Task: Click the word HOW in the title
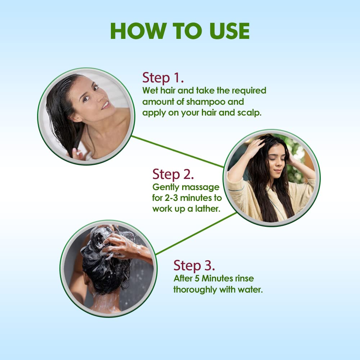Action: pos(139,31)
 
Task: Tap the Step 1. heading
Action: pos(163,78)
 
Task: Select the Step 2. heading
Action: pos(173,175)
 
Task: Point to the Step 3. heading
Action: pos(194,266)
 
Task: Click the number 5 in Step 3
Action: pos(197,279)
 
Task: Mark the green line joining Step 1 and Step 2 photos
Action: pos(178,152)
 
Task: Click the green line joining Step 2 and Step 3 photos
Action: pos(196,234)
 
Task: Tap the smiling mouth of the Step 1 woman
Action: pos(106,105)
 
